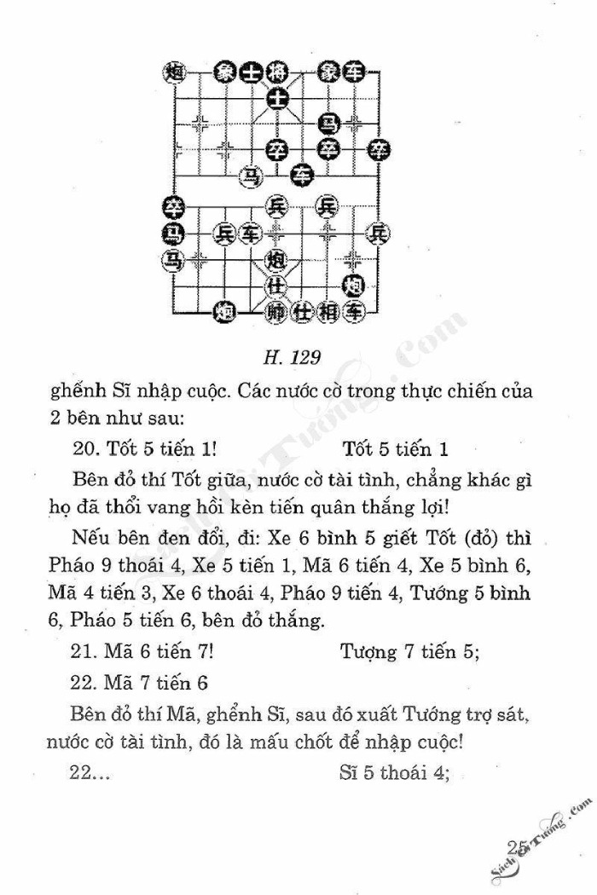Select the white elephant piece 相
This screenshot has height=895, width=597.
tap(328, 312)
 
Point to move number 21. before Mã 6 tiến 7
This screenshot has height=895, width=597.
tap(87, 654)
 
